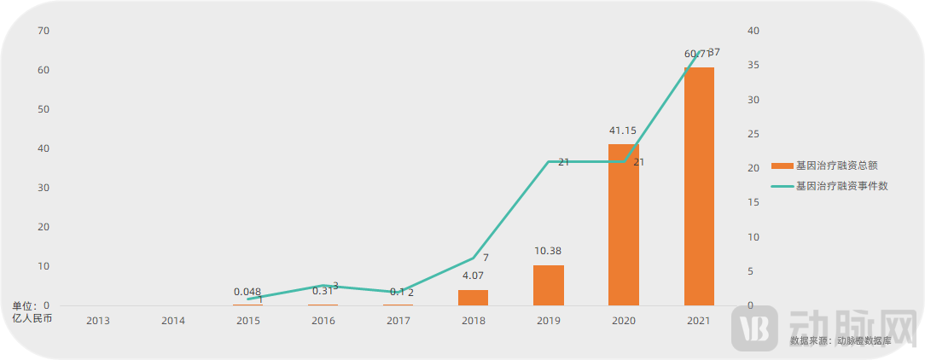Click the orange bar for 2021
(699, 186)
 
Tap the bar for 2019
(549, 285)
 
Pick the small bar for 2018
(473, 297)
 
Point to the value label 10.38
(547, 251)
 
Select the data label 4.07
(473, 276)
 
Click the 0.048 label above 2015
(247, 291)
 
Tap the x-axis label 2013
(97, 321)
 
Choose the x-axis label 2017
(399, 321)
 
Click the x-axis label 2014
(173, 321)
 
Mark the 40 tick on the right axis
(753, 31)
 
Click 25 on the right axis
(753, 134)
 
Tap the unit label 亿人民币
(32, 318)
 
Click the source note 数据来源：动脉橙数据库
(840, 340)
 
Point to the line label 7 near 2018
(486, 258)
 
